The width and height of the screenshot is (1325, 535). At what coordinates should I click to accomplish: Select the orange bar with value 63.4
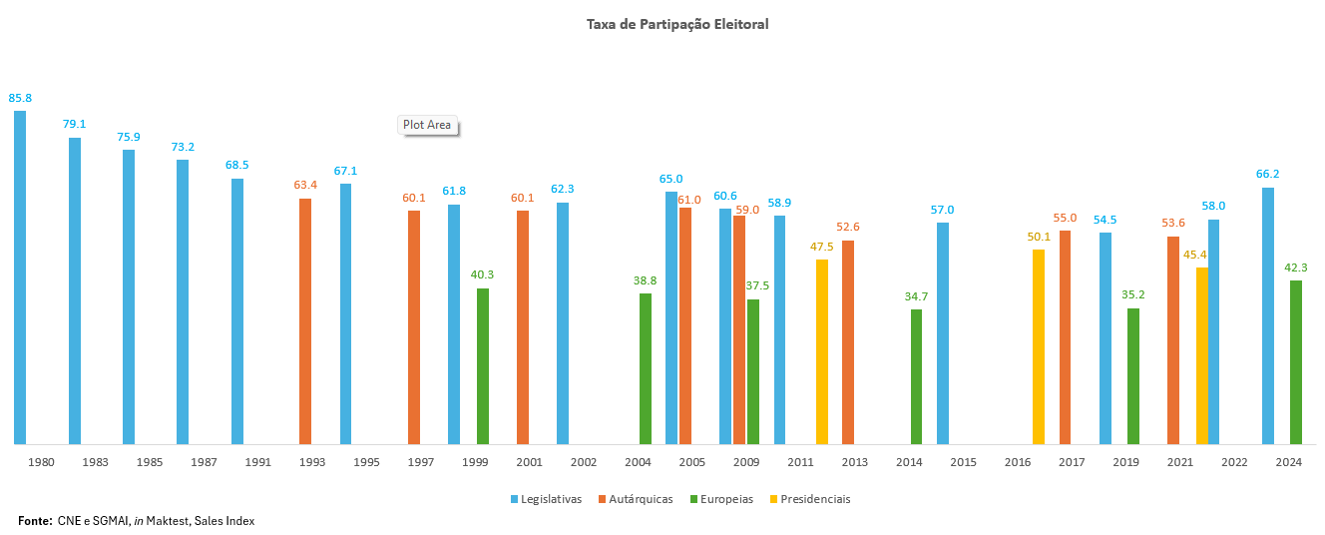click(x=305, y=320)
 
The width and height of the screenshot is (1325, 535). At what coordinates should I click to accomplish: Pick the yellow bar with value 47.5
click(x=822, y=351)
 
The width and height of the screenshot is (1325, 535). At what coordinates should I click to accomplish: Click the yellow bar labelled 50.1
click(x=1039, y=346)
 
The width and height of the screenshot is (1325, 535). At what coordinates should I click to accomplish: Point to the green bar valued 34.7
click(x=916, y=376)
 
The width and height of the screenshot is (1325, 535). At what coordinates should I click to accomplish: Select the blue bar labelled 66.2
click(x=1268, y=315)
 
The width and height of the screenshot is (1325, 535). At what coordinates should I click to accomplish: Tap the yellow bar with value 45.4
click(x=1202, y=355)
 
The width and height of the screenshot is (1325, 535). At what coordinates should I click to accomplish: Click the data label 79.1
click(x=75, y=125)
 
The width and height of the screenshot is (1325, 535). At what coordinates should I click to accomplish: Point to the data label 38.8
click(x=645, y=281)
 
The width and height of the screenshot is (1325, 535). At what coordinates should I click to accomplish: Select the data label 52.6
click(x=848, y=228)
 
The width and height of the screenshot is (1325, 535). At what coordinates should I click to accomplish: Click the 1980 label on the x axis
click(x=41, y=462)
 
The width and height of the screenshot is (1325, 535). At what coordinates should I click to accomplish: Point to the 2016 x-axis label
click(x=1018, y=462)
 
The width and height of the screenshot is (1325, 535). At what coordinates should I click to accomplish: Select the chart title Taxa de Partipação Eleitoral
click(x=677, y=24)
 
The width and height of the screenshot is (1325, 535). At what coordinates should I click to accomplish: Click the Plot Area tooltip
click(x=427, y=126)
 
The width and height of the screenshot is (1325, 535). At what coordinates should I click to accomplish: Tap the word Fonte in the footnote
click(x=35, y=521)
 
